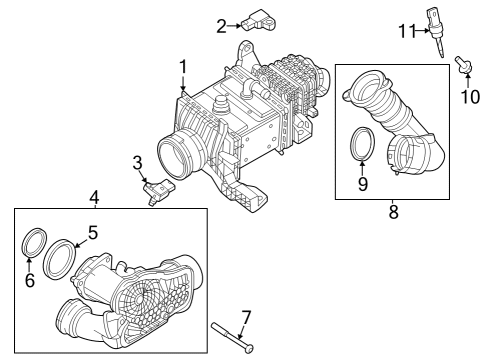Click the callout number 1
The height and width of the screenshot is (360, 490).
pos(183,66)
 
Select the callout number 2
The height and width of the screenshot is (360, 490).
pos(220,24)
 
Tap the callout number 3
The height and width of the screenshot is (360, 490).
pos(138,163)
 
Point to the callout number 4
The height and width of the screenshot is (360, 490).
pos(94,196)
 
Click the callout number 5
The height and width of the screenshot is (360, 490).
pos(91,232)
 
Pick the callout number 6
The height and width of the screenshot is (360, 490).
pos(30,281)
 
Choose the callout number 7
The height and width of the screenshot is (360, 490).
pos(246,319)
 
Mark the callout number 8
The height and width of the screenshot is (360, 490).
pos(394,211)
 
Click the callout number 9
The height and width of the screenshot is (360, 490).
pos(363,183)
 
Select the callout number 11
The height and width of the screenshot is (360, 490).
pos(406,31)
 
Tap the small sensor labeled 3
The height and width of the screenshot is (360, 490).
pos(158,188)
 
